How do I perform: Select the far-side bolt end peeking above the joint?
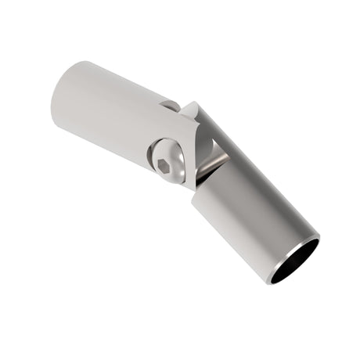click(170, 105)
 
